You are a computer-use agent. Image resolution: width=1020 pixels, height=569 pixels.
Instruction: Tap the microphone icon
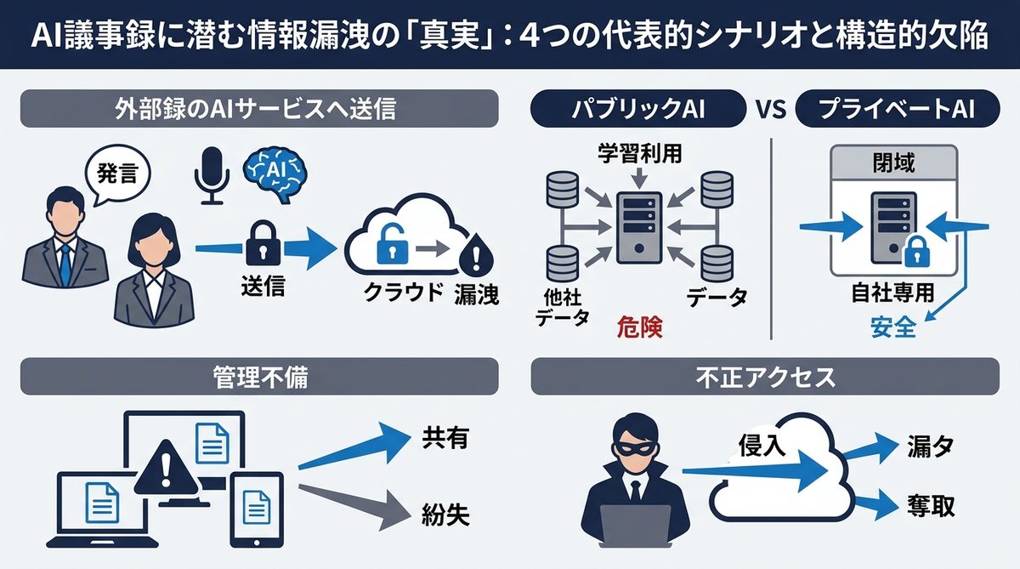(x=211, y=175)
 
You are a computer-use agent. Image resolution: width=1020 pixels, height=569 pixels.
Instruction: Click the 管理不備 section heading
(x=259, y=376)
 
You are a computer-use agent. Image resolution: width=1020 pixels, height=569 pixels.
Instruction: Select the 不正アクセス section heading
(x=764, y=376)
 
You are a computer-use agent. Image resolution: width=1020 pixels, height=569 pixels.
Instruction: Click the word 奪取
(x=930, y=506)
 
